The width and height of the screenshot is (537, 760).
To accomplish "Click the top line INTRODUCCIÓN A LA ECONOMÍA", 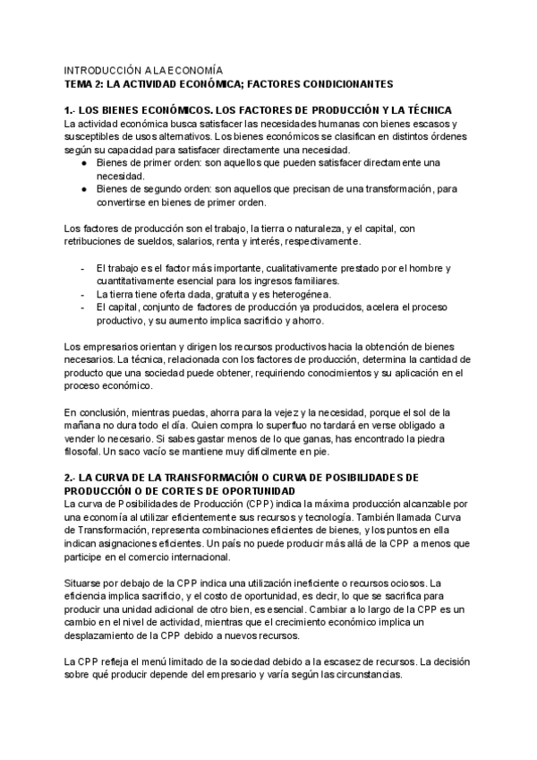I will [x=143, y=69].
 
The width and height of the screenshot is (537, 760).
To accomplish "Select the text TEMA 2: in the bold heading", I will [x=84, y=83].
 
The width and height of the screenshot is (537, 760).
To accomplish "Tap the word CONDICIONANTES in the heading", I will [x=343, y=83].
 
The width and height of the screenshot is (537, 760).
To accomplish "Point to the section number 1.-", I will [x=71, y=110].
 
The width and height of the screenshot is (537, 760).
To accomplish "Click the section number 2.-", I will [x=72, y=478].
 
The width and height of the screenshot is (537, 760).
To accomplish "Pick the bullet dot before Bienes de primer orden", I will [x=83, y=163].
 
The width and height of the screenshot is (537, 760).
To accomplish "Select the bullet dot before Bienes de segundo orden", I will [x=83, y=190].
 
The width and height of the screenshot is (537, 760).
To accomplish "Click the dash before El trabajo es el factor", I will [x=83, y=269].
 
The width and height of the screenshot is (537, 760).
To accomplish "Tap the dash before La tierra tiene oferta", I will [x=83, y=294].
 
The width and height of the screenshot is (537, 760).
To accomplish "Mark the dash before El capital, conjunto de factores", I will [x=83, y=307].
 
